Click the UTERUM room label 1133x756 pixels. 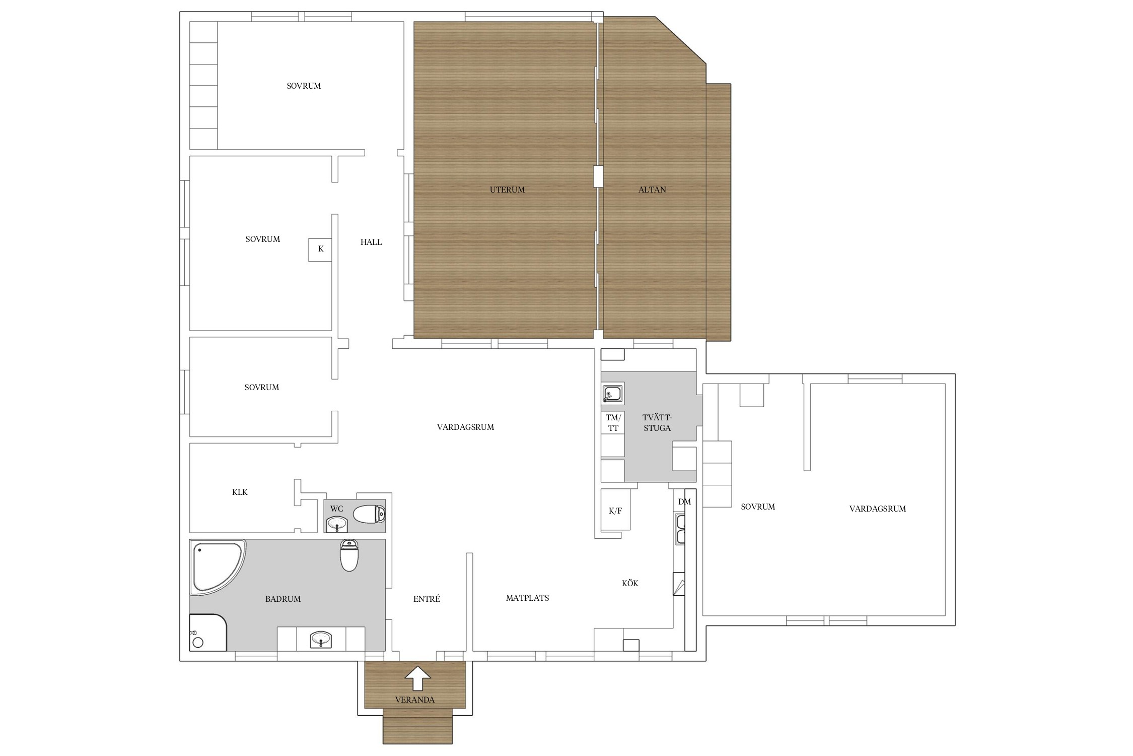tap(507, 190)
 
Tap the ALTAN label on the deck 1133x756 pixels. tap(652, 190)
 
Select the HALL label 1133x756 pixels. tap(371, 242)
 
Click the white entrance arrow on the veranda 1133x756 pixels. tap(418, 678)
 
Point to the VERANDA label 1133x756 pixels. tap(415, 700)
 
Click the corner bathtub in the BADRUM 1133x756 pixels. tap(218, 567)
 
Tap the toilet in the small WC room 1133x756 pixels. tap(369, 515)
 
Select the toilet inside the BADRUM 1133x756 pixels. tap(349, 555)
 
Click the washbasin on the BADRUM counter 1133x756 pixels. tap(321, 640)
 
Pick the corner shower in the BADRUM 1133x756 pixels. tap(208, 632)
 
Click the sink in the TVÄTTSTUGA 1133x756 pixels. tap(613, 393)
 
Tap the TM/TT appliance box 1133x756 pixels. tap(613, 422)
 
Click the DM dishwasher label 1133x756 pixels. tap(684, 501)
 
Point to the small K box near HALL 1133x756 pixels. tap(321, 249)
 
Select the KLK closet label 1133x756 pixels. tap(240, 492)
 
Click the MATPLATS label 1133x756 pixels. tap(528, 598)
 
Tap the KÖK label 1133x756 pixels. tap(630, 583)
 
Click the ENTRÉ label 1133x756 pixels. tap(427, 599)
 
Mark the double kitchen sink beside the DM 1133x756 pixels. tap(680, 529)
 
